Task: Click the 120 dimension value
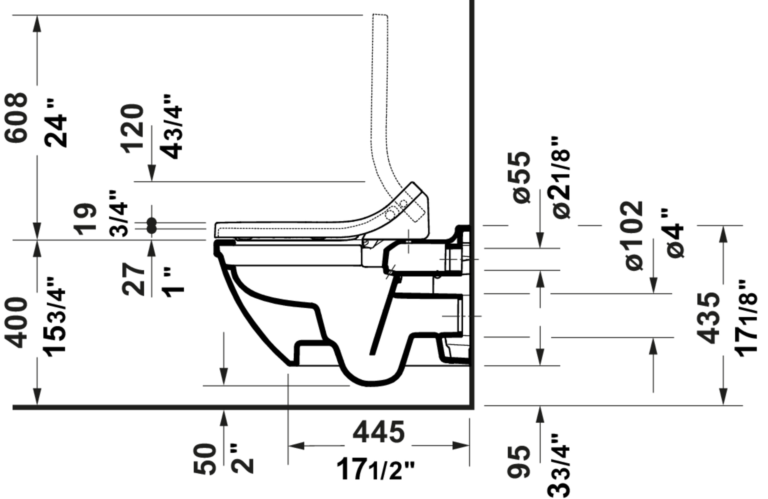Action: pos(132,129)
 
